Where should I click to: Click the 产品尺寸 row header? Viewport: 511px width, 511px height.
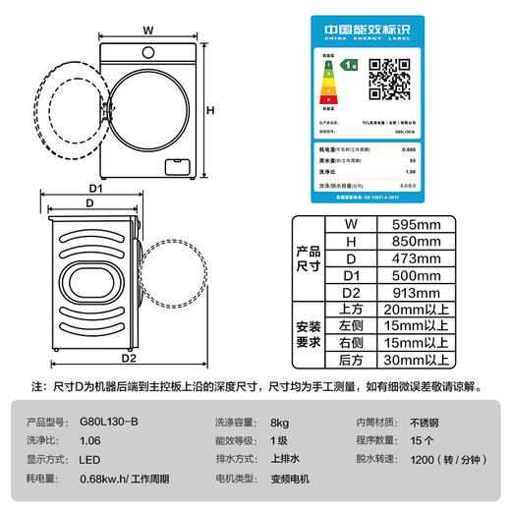[309, 258]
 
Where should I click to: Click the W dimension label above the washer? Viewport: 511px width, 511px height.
[147, 29]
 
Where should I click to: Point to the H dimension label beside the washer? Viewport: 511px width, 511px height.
[209, 109]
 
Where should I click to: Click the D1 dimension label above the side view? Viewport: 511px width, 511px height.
[96, 187]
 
